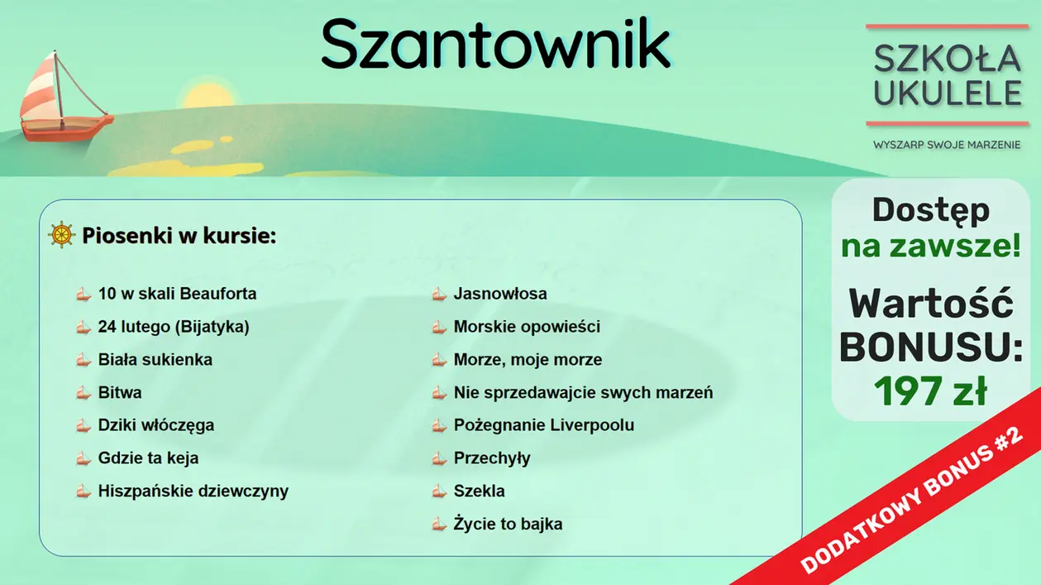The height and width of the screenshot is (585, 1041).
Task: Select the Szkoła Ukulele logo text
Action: coord(948,75)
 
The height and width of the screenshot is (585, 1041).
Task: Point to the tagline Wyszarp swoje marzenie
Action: coord(947,145)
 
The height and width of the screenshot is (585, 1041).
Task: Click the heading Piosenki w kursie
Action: coord(179,236)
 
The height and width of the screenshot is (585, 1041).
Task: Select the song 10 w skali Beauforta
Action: coord(177,294)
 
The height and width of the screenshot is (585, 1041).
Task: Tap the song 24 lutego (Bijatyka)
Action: coord(174,327)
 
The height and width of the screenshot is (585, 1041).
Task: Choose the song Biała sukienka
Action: coord(155,360)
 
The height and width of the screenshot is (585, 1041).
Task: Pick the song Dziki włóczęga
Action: coord(155,425)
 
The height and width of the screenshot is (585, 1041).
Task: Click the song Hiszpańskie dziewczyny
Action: coord(193,491)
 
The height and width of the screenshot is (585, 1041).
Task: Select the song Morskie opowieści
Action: coord(527,327)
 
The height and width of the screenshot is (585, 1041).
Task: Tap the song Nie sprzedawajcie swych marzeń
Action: coord(583,392)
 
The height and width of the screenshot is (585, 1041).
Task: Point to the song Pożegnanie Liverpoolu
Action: coord(543,425)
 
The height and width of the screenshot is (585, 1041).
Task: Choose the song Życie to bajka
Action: coord(508,524)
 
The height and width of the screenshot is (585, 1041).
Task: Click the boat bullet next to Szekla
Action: coord(439,491)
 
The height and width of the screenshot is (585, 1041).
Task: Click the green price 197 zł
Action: coord(930,392)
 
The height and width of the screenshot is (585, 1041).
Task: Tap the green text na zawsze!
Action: coord(930,246)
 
